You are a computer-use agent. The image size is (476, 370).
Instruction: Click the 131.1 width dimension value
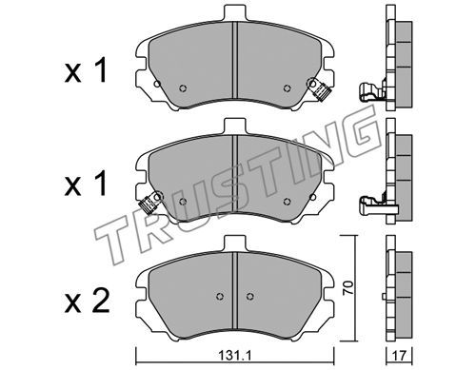[x=235, y=356]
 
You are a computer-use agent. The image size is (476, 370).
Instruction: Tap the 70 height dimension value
[x=348, y=288]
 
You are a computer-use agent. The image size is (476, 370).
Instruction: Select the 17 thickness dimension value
[x=399, y=356]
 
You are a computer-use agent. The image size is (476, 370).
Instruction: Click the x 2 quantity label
[x=87, y=301]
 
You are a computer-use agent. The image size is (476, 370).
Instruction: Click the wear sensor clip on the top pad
[x=319, y=89]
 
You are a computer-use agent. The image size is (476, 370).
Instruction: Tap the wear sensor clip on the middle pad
[x=150, y=203]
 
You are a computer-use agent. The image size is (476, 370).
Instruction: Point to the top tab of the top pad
[x=235, y=13]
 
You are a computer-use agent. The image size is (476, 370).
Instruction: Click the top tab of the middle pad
[x=235, y=127]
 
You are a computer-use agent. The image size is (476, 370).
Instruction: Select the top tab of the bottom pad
[x=235, y=243]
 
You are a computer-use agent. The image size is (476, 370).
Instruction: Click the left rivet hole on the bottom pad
[x=220, y=296]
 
